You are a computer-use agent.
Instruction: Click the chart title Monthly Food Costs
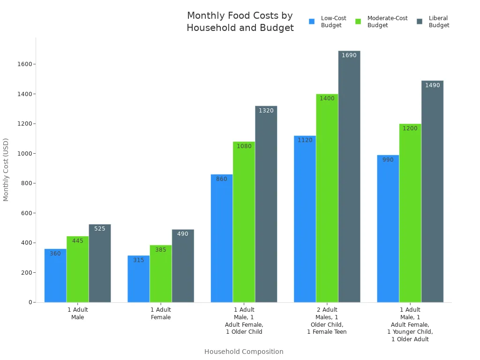240,22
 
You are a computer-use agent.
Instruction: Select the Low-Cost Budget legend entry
328,22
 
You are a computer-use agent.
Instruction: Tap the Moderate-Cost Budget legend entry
382,22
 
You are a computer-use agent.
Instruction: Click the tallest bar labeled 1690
349,178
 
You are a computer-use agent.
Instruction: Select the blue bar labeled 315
138,279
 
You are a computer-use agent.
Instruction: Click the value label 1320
266,111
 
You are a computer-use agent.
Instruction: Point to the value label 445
77,241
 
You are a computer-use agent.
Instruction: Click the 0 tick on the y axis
30,302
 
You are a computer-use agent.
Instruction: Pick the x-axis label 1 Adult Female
161,314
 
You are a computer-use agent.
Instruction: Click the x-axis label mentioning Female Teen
327,321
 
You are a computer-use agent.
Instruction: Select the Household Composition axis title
244,352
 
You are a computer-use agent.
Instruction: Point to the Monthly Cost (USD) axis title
6,170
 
